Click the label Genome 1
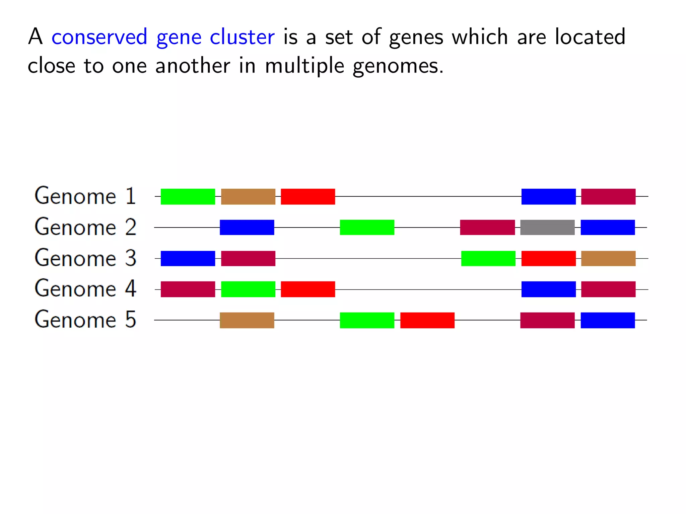pos(85,196)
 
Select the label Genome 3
pos(85,258)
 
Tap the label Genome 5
pos(85,320)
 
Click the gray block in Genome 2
pos(547,228)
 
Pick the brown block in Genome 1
pos(248,196)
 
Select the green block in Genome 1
pos(188,196)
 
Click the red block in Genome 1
pos(308,196)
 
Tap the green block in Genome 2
pos(367,228)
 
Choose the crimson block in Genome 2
pos(487,228)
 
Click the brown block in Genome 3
pos(608,258)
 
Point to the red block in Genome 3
pos(548,258)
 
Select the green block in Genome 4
pos(248,289)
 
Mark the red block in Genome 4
pos(308,289)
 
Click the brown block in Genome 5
pos(247,320)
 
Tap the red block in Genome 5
pos(427,320)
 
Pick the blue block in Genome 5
pos(608,320)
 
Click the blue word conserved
pos(99,37)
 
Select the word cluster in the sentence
pos(242,37)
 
